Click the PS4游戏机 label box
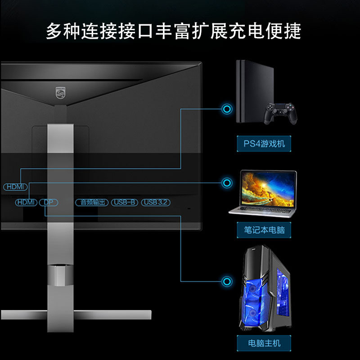pos(264,144)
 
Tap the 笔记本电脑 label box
pos(264,230)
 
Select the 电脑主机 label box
pos(264,343)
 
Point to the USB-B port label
pos(125,202)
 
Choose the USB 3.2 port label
pos(156,202)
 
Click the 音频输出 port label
pos(92,202)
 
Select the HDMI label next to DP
pos(26,202)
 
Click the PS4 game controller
pos(280,113)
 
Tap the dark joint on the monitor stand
pos(60,274)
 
